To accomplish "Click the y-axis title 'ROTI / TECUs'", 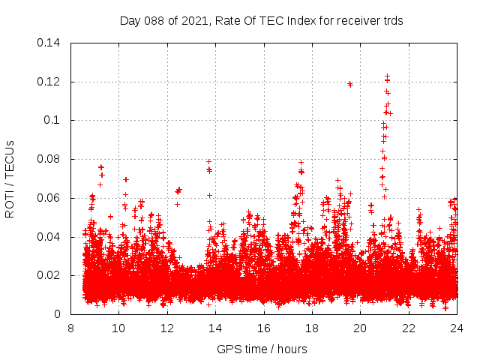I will tap(10, 178).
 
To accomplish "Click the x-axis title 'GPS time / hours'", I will tap(262, 349).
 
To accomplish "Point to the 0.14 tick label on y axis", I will tap(49, 43).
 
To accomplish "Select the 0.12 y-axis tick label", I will tap(49, 82).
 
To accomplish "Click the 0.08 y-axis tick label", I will tap(49, 159).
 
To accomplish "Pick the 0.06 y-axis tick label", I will tap(49, 198).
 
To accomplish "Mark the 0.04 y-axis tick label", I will tap(49, 237).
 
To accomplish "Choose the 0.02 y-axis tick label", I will tap(49, 276).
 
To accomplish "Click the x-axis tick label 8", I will tap(70, 328).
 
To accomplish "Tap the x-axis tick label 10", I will tap(118, 328).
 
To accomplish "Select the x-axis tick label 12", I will tap(167, 328).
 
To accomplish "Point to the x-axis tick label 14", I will tap(215, 328).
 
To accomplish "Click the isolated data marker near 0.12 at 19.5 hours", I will tap(350, 84).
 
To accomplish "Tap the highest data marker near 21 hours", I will tap(387, 76).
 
